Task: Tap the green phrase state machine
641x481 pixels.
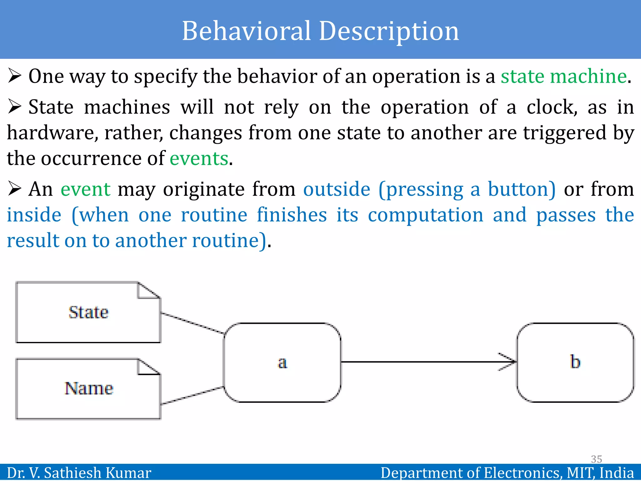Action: [x=563, y=76]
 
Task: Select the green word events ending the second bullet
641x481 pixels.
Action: [x=199, y=158]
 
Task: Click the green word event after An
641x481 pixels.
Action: [x=85, y=189]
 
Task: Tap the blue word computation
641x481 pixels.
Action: [x=425, y=215]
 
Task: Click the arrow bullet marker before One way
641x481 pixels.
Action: [x=14, y=76]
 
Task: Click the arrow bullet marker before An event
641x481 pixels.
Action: [x=14, y=189]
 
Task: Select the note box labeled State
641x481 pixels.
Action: [x=88, y=313]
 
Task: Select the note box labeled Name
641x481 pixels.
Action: [x=88, y=389]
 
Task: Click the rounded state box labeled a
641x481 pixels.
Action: [x=282, y=363]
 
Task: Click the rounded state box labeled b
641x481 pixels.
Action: [x=575, y=362]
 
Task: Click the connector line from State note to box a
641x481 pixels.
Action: [x=192, y=323]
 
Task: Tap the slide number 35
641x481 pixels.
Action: [x=596, y=459]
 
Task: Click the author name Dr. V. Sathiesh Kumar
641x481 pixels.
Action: [x=79, y=473]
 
